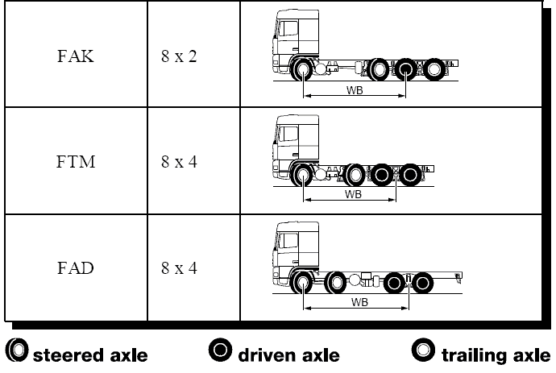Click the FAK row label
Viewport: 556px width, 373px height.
coord(77,58)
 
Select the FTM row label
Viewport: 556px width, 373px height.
coord(77,162)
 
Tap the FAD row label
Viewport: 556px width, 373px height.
coord(77,267)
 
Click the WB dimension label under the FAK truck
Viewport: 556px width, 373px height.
coord(354,90)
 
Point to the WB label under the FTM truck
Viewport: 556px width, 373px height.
coord(353,194)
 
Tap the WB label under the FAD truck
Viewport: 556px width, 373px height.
coord(359,303)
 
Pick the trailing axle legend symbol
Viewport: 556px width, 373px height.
coord(421,351)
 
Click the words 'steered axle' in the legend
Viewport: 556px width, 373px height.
coord(89,354)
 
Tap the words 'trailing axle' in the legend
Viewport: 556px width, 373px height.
coord(495,354)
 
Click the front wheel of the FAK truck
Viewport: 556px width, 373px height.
coord(304,70)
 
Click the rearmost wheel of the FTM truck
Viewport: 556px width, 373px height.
coord(412,174)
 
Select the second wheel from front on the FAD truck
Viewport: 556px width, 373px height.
coord(336,283)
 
